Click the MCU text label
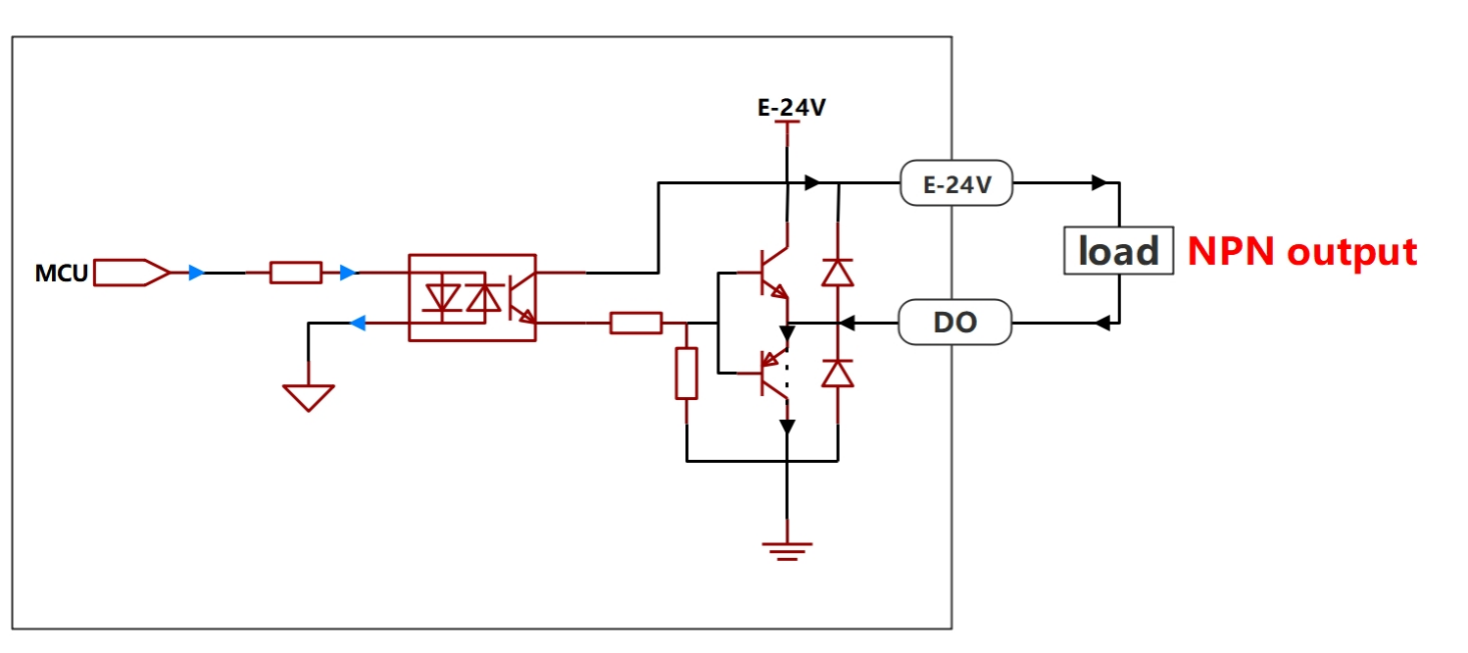[x=61, y=273]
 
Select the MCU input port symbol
[x=131, y=273]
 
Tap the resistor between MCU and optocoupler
[x=296, y=273]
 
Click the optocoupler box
[x=472, y=298]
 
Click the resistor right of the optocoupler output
[x=636, y=324]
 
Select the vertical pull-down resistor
[x=686, y=373]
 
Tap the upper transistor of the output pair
[x=770, y=273]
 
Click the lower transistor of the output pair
[x=770, y=374]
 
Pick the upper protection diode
[x=838, y=273]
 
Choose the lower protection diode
[x=838, y=374]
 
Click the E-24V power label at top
[x=791, y=107]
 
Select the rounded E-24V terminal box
[x=956, y=183]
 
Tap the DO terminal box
[x=954, y=322]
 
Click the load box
[x=1118, y=250]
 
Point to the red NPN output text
[x=1302, y=251]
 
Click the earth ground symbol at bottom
[x=787, y=551]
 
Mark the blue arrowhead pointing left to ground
[x=357, y=323]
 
